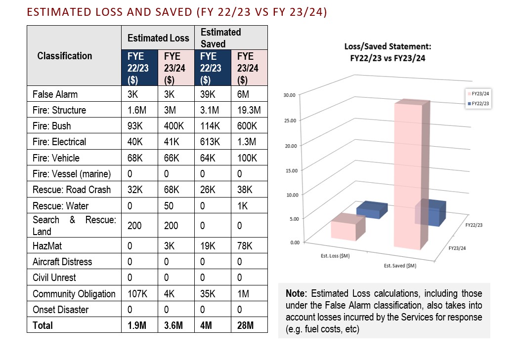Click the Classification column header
pyautogui.click(x=65, y=56)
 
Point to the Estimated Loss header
pyautogui.click(x=158, y=38)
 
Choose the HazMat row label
pyautogui.click(x=48, y=246)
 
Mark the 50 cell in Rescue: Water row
pyautogui.click(x=169, y=206)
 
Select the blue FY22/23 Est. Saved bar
pyautogui.click(x=431, y=212)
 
